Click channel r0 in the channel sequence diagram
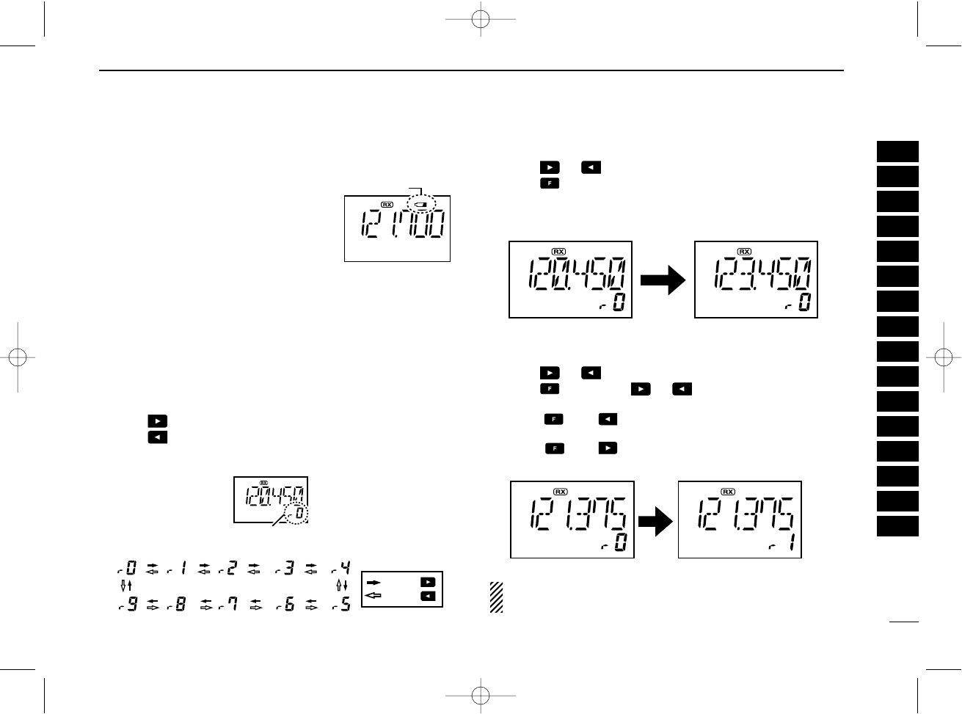click(x=127, y=568)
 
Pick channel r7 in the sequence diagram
click(x=227, y=605)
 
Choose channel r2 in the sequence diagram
click(x=227, y=568)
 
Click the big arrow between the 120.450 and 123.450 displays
click(x=663, y=280)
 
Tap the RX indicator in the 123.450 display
click(x=744, y=252)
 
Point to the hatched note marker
click(x=496, y=597)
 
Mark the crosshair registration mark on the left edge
click(x=18, y=357)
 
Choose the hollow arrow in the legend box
click(x=373, y=595)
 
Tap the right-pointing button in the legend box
click(x=427, y=582)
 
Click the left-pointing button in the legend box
click(x=427, y=596)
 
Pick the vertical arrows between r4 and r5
click(x=341, y=586)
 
